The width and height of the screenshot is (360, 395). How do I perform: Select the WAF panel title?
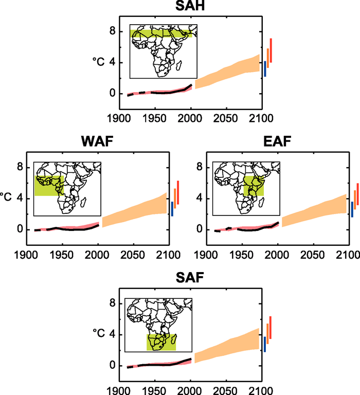pyautogui.click(x=96, y=141)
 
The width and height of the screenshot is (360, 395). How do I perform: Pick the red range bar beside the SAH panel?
pyautogui.click(x=271, y=50)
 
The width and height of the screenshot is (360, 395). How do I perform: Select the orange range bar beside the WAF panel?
pyautogui.click(x=175, y=197)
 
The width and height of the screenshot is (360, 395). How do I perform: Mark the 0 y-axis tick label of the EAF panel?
pyautogui.click(x=199, y=230)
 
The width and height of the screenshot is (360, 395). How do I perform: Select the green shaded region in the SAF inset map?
pyautogui.click(x=161, y=342)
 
